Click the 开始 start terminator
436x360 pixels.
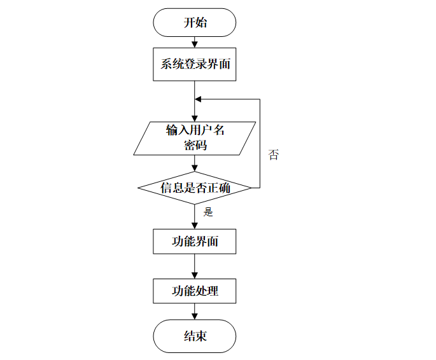tap(195, 22)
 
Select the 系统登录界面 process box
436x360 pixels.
tap(195, 64)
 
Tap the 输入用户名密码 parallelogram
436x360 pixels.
tap(195, 138)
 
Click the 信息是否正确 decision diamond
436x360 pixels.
tap(195, 188)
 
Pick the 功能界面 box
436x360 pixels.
tap(195, 242)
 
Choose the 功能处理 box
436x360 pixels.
tap(195, 291)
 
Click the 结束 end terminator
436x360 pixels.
tap(195, 336)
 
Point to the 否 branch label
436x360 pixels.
tap(274, 155)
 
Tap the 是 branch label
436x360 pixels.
tap(208, 212)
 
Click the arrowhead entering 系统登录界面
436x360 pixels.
tap(195, 45)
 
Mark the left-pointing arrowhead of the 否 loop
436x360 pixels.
tap(198, 99)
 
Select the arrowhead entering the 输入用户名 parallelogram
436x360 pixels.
tap(195, 118)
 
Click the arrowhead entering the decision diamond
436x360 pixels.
tap(195, 168)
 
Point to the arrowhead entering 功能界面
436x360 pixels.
tap(195, 226)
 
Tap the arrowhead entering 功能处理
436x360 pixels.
tap(195, 275)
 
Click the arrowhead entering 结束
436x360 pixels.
tap(195, 316)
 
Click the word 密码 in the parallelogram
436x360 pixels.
tap(195, 145)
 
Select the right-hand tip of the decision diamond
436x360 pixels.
tap(251, 188)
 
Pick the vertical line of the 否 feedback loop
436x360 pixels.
tap(260, 144)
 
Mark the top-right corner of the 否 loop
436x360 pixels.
tap(260, 99)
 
